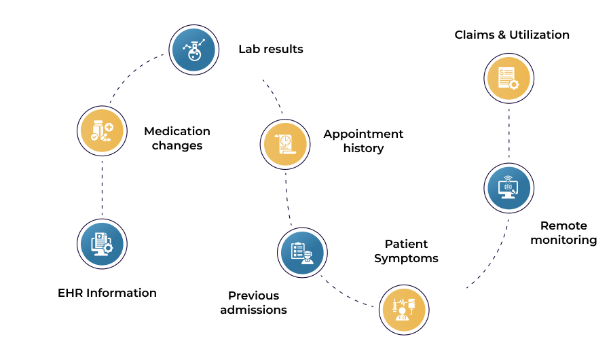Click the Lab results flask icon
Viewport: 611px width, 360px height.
click(x=193, y=50)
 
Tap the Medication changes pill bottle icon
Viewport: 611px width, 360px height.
click(x=102, y=131)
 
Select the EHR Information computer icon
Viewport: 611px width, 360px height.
click(x=102, y=244)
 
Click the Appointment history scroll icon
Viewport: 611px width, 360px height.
click(x=285, y=144)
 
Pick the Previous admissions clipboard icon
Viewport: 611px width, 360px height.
click(x=302, y=253)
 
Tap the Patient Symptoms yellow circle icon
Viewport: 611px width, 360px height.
click(x=404, y=310)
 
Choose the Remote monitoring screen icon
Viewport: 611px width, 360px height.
click(x=509, y=188)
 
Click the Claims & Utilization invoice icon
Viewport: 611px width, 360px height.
click(x=509, y=78)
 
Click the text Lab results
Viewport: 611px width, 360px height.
click(x=271, y=49)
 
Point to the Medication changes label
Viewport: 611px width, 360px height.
click(x=177, y=138)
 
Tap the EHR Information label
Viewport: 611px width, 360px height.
click(x=107, y=293)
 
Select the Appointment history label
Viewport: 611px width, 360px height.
click(x=364, y=141)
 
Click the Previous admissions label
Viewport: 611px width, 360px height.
click(x=254, y=303)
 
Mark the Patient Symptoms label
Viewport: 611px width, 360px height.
click(x=406, y=251)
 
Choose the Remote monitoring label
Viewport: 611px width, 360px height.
click(x=563, y=233)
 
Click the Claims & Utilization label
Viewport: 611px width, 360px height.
click(x=512, y=35)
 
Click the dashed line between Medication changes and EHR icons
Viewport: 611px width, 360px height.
click(x=102, y=187)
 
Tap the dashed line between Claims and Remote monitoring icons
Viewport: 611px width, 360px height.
click(x=509, y=133)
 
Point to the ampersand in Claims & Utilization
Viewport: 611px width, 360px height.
click(x=502, y=35)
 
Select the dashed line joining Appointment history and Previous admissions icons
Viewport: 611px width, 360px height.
click(x=288, y=199)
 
